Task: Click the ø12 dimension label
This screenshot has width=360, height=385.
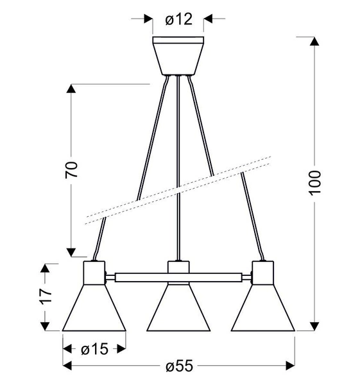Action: (x=179, y=20)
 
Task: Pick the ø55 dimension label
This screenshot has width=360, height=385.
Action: (x=179, y=366)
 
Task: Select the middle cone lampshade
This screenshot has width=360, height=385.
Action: (x=179, y=311)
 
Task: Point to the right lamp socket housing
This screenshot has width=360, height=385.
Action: (x=263, y=273)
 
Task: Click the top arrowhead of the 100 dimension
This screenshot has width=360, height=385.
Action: (x=314, y=42)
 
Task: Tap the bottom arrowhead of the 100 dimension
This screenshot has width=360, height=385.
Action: (x=314, y=326)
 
